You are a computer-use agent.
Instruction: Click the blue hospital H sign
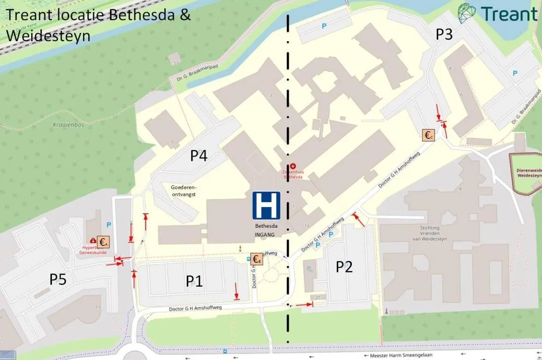pyautogui.click(x=266, y=205)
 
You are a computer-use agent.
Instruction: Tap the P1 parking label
pyautogui.click(x=194, y=281)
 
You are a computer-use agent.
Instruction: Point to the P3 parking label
pyautogui.click(x=444, y=34)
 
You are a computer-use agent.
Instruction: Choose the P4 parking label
pyautogui.click(x=199, y=155)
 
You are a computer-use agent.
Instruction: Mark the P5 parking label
pyautogui.click(x=58, y=280)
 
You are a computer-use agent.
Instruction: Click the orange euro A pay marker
pyautogui.click(x=103, y=242)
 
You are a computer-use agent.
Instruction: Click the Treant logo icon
pyautogui.click(x=467, y=14)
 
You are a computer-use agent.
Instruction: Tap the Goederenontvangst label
pyautogui.click(x=183, y=190)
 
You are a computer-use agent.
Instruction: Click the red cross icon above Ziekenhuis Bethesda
pyautogui.click(x=293, y=166)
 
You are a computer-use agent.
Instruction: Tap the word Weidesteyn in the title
pyautogui.click(x=49, y=36)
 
